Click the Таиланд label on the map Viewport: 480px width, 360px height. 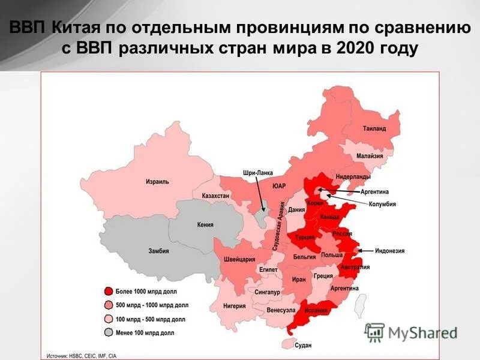[x=374, y=128]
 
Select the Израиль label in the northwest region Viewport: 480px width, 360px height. [x=157, y=181]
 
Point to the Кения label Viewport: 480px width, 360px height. [x=205, y=225]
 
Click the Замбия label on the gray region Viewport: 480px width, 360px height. [x=158, y=251]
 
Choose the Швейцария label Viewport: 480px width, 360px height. [x=240, y=259]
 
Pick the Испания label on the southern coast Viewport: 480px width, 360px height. [x=316, y=310]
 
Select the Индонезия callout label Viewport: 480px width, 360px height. [x=390, y=251]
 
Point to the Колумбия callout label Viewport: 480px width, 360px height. [x=382, y=204]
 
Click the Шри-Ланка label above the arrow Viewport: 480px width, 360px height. [x=257, y=172]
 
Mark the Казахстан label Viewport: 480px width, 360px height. [x=215, y=196]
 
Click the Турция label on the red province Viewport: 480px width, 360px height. [x=305, y=238]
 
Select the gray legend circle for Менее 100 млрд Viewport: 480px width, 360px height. [x=109, y=332]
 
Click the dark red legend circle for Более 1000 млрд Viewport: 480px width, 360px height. [x=109, y=291]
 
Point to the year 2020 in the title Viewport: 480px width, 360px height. [x=357, y=48]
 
